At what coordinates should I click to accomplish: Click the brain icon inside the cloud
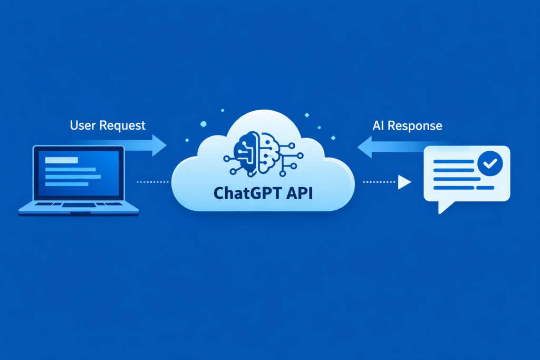click(x=263, y=153)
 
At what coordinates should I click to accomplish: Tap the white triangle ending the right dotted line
click(x=404, y=182)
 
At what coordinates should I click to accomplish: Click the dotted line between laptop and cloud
click(x=152, y=182)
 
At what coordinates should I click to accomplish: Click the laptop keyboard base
click(x=79, y=209)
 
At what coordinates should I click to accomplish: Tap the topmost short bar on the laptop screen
click(x=62, y=160)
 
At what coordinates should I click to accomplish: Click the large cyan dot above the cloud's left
click(x=204, y=124)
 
